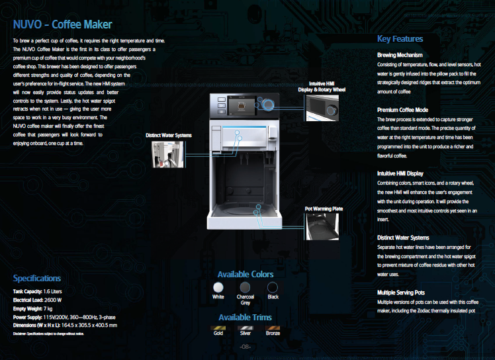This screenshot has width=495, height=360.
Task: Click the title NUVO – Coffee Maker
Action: pos(62,25)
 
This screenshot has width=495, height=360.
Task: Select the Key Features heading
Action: pos(400,38)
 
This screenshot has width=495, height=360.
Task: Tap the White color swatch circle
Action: pos(218,287)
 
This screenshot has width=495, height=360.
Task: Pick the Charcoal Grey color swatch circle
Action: pos(246,287)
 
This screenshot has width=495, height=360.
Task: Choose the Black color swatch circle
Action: pos(273,287)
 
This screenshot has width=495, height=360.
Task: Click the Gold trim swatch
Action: pos(218,327)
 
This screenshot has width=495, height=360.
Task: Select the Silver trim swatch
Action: pos(246,327)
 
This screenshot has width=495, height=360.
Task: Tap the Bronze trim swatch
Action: pos(273,327)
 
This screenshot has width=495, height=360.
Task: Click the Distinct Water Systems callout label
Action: pos(168,135)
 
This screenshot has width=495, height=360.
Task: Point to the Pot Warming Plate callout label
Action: pos(324,209)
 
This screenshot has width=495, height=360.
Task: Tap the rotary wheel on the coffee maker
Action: pos(267,104)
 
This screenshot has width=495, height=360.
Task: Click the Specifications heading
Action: pos(37,279)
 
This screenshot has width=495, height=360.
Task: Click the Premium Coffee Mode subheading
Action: pos(402,110)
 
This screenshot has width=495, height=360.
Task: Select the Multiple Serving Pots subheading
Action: pos(400,292)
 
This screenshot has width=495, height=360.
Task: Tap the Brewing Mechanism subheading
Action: pos(400,55)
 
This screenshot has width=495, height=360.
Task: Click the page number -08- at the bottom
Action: pos(245,347)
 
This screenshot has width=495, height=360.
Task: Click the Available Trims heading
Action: pos(245,317)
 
